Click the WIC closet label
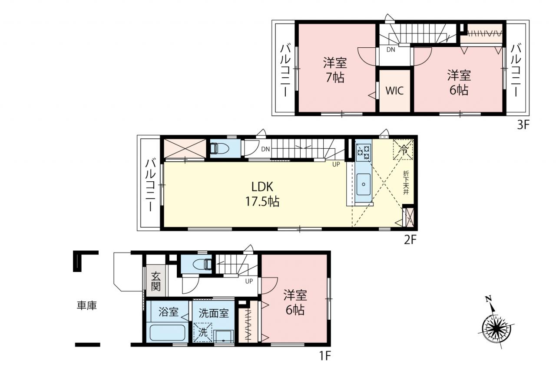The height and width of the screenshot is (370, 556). coord(394,91)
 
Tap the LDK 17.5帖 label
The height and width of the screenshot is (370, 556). coord(263,194)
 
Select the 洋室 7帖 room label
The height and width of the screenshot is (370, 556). coord(335,70)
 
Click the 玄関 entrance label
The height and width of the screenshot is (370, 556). coord(156,281)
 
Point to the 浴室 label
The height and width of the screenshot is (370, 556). coord(169,312)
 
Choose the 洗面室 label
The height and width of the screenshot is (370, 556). coord(213,314)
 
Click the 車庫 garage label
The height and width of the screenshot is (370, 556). coord(86,305)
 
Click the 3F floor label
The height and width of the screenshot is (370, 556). coord(523,125)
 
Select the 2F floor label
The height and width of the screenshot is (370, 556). coord(410,239)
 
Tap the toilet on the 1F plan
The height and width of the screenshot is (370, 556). coord(202,264)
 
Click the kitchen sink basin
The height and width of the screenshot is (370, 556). coord(364,184)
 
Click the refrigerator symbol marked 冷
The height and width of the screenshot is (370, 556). coord(403,150)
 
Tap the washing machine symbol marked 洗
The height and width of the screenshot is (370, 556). coord(203,332)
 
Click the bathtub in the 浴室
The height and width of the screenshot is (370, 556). coord(168,333)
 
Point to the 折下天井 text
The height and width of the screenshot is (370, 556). coord(406,183)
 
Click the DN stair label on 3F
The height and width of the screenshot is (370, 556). coord(391,49)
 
